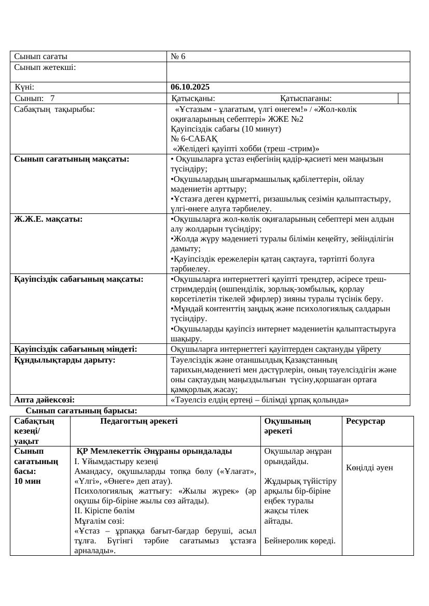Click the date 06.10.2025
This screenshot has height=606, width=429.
click(190, 87)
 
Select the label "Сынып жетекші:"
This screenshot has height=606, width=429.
click(45, 67)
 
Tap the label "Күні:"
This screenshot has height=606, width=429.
click(25, 87)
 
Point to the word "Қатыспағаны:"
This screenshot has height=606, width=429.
click(306, 98)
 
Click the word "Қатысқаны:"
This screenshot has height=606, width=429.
click(193, 98)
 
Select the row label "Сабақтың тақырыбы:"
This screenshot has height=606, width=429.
click(54, 109)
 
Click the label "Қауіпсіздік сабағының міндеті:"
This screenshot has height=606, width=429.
click(75, 349)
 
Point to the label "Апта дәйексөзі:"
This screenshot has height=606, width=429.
click(45, 400)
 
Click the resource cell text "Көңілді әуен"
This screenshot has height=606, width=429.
click(370, 468)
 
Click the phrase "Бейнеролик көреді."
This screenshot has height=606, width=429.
click(300, 541)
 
